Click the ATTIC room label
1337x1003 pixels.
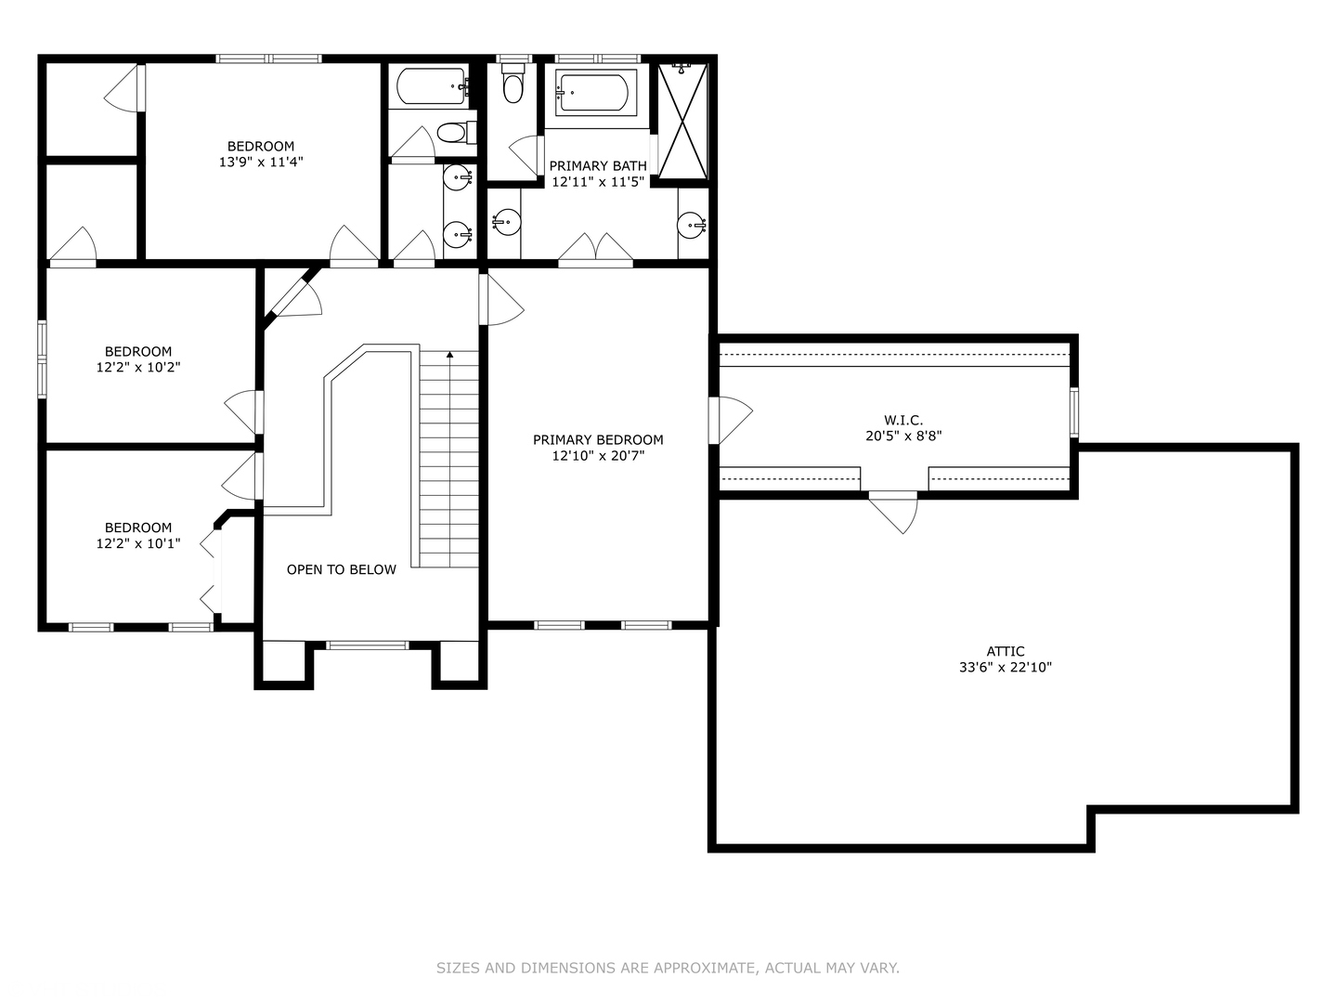click(1006, 651)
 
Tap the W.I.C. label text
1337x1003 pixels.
click(903, 420)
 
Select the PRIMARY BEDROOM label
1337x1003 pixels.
click(598, 439)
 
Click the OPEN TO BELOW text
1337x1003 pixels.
click(341, 569)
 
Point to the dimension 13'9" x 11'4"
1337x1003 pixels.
click(261, 162)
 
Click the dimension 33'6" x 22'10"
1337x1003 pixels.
click(1006, 667)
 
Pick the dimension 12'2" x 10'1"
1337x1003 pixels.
click(138, 543)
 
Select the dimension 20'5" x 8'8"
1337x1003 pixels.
click(903, 436)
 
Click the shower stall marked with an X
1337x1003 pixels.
click(682, 119)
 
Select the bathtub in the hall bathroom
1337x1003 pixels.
click(430, 87)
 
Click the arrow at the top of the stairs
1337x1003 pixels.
click(449, 354)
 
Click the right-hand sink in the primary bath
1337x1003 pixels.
click(692, 224)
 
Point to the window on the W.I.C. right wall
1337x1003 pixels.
click(1074, 412)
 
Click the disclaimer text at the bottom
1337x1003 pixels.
click(668, 968)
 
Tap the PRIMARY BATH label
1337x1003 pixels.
click(598, 166)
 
